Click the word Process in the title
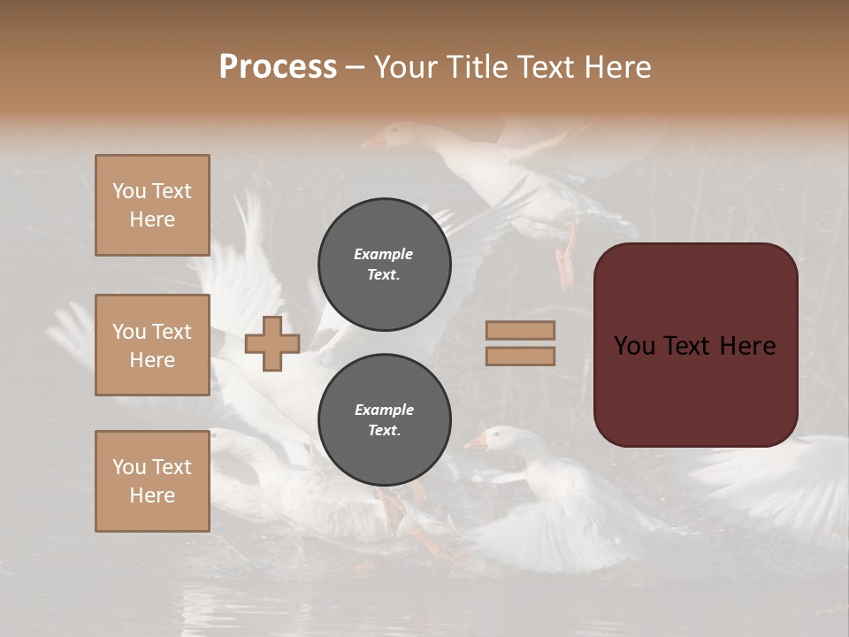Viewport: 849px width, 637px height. click(278, 67)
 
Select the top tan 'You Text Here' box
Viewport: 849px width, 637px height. click(152, 205)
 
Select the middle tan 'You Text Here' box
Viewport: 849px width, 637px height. click(152, 345)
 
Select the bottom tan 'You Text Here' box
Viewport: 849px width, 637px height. click(152, 481)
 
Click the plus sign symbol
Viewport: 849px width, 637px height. click(272, 343)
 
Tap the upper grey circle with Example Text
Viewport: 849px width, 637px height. click(384, 264)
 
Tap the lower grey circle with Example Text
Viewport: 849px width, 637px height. click(384, 419)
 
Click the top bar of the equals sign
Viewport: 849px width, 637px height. click(520, 331)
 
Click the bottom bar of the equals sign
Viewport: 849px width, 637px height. click(520, 356)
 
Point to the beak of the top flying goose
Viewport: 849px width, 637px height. click(373, 141)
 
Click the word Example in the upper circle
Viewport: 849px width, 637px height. click(384, 254)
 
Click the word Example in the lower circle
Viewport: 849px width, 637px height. click(384, 410)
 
